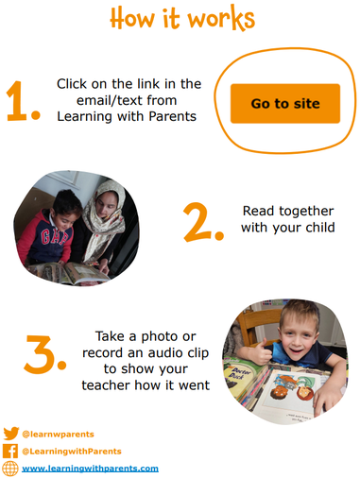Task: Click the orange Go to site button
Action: (x=285, y=103)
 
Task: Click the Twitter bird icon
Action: (x=11, y=434)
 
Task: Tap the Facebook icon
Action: (x=10, y=451)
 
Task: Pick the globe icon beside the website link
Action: (x=10, y=469)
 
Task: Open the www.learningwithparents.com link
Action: (x=90, y=469)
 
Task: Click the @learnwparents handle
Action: (x=58, y=435)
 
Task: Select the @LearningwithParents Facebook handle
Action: (x=72, y=452)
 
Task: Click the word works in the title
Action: (x=221, y=18)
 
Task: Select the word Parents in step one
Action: (x=172, y=116)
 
